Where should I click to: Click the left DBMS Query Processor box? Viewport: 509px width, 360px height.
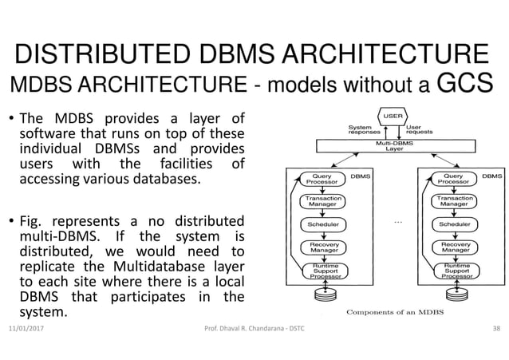322,179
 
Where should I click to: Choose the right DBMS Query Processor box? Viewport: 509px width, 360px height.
455,179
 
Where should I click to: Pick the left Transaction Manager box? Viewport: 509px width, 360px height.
322,201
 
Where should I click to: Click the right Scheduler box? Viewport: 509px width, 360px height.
455,224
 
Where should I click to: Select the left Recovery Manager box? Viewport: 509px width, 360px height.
322,247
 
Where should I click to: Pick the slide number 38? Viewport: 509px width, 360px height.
495,328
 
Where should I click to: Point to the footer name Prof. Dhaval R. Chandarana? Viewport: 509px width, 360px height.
248,328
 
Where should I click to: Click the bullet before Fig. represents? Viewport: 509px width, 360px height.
12,220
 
